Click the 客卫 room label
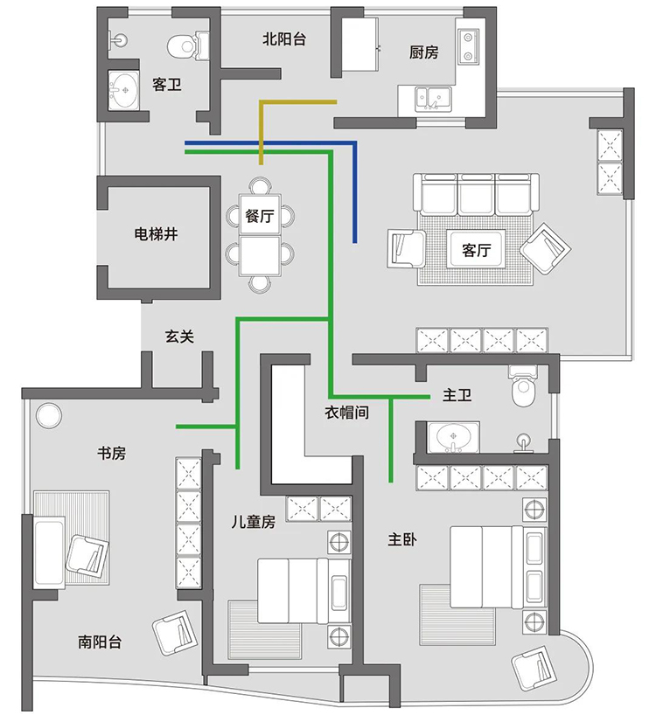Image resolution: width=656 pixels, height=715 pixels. click(166, 85)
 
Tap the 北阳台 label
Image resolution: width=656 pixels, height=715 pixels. click(284, 38)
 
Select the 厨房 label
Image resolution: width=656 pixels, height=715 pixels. click(423, 52)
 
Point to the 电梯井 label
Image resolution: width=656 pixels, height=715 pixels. click(157, 233)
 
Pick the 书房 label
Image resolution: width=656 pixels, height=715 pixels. click(111, 453)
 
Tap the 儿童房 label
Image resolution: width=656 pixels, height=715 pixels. click(253, 522)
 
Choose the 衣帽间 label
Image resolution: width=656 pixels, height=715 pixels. click(346, 412)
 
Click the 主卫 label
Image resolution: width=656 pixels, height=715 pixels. click(457, 396)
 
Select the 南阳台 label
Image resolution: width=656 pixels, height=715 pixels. click(100, 642)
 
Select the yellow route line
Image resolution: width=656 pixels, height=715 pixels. click(297, 102)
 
